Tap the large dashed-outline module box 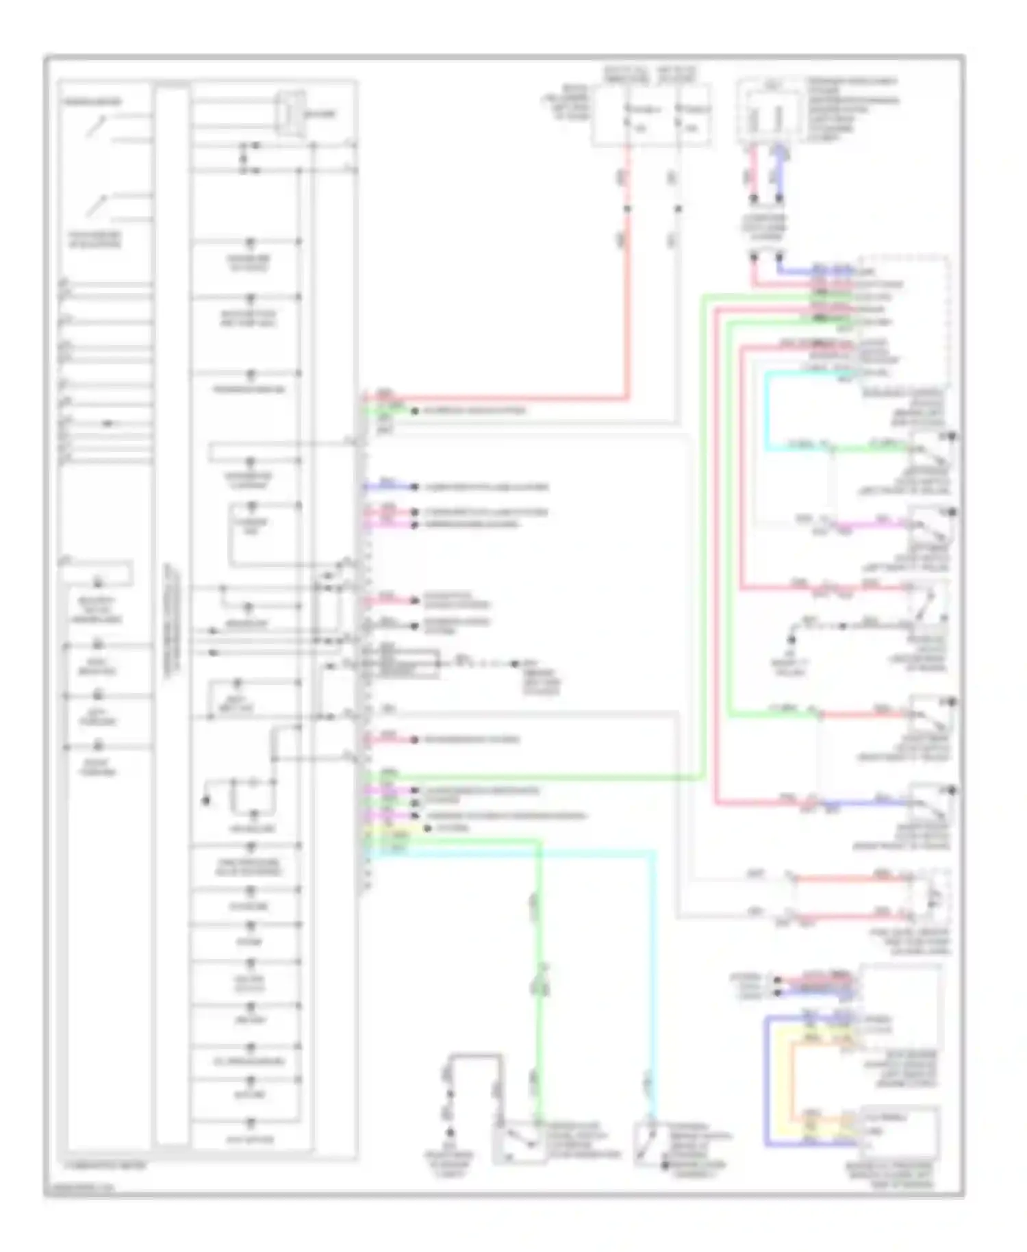[x=904, y=322]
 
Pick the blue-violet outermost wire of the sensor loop [x=768, y=1082]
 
